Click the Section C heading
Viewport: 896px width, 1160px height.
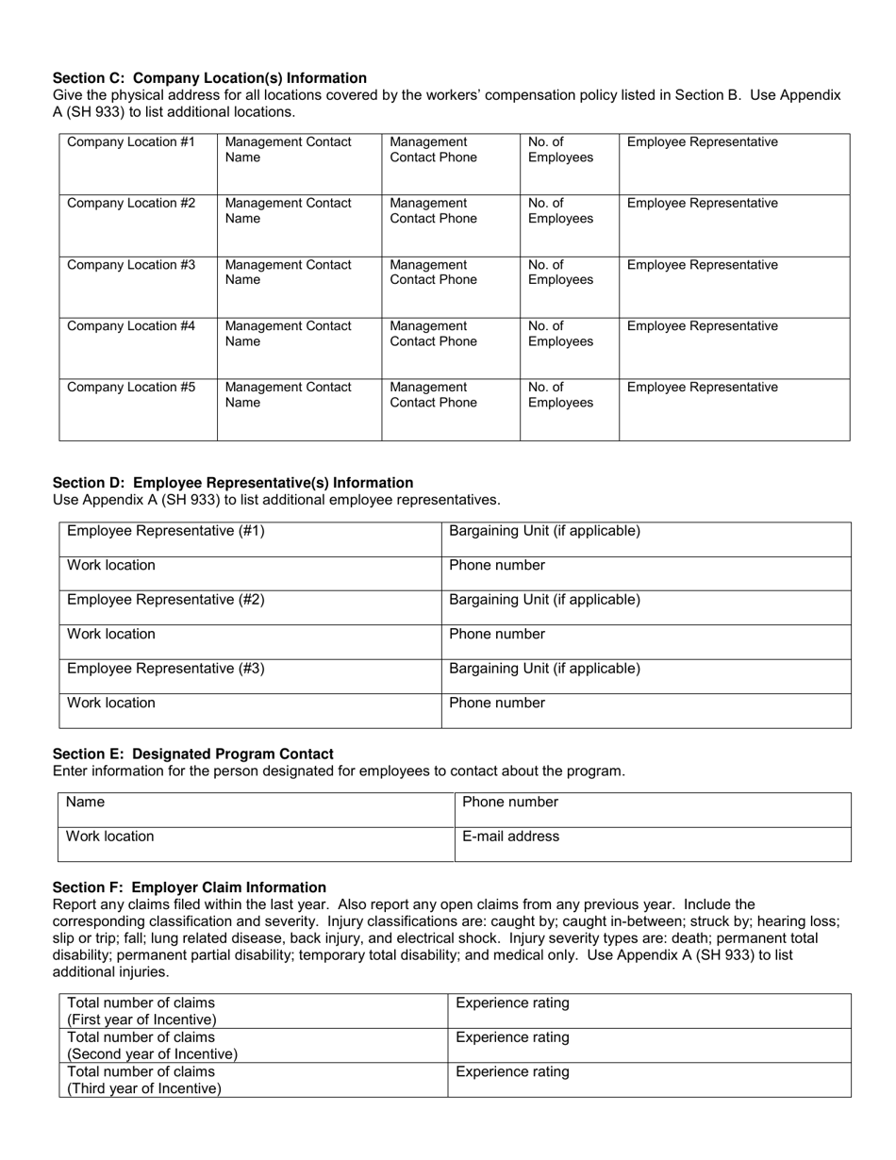pos(209,78)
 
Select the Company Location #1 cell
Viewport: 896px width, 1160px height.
pos(139,164)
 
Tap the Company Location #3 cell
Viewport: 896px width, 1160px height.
pos(139,287)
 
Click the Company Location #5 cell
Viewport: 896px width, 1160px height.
pos(139,409)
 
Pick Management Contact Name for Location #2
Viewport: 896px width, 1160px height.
pos(299,225)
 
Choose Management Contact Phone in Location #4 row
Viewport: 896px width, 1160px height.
pos(450,348)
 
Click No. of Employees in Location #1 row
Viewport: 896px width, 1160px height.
pos(569,164)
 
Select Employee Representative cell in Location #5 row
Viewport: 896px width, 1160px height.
pos(734,409)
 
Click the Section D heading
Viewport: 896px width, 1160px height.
pos(233,483)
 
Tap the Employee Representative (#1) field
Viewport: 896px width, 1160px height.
pos(250,539)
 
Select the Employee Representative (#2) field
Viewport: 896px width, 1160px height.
pos(250,607)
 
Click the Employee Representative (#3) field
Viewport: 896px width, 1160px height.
pos(250,676)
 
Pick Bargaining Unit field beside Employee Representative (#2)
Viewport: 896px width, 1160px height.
pos(646,607)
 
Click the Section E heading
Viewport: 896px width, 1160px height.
pos(193,754)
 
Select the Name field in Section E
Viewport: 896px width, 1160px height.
pos(257,810)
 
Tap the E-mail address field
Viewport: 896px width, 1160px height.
pos(653,844)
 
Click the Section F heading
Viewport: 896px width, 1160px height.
pos(190,887)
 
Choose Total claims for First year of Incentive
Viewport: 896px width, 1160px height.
pos(253,1011)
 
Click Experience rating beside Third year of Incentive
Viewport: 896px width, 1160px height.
pos(649,1080)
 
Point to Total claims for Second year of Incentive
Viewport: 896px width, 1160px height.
pos(253,1046)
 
